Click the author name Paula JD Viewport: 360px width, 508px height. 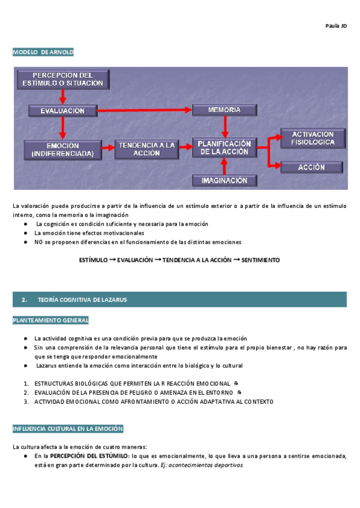click(x=336, y=26)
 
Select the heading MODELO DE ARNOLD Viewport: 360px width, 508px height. click(x=43, y=52)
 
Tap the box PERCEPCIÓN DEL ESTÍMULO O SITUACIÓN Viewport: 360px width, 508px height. click(x=62, y=79)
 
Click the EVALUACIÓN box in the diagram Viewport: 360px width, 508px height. click(x=62, y=111)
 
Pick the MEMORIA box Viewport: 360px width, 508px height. click(x=224, y=110)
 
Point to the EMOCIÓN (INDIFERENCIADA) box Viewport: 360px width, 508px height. click(x=62, y=149)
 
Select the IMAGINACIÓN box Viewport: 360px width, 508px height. click(x=224, y=180)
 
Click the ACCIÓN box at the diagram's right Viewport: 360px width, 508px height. click(x=312, y=168)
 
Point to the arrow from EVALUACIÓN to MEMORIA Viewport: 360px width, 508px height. click(x=144, y=111)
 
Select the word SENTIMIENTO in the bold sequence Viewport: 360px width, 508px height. click(x=260, y=260)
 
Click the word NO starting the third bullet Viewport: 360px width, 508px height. click(x=38, y=242)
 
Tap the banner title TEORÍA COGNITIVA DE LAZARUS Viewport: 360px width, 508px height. click(x=82, y=299)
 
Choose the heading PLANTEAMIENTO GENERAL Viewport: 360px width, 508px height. click(x=51, y=320)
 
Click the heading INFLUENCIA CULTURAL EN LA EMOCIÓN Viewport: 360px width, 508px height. click(x=68, y=429)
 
